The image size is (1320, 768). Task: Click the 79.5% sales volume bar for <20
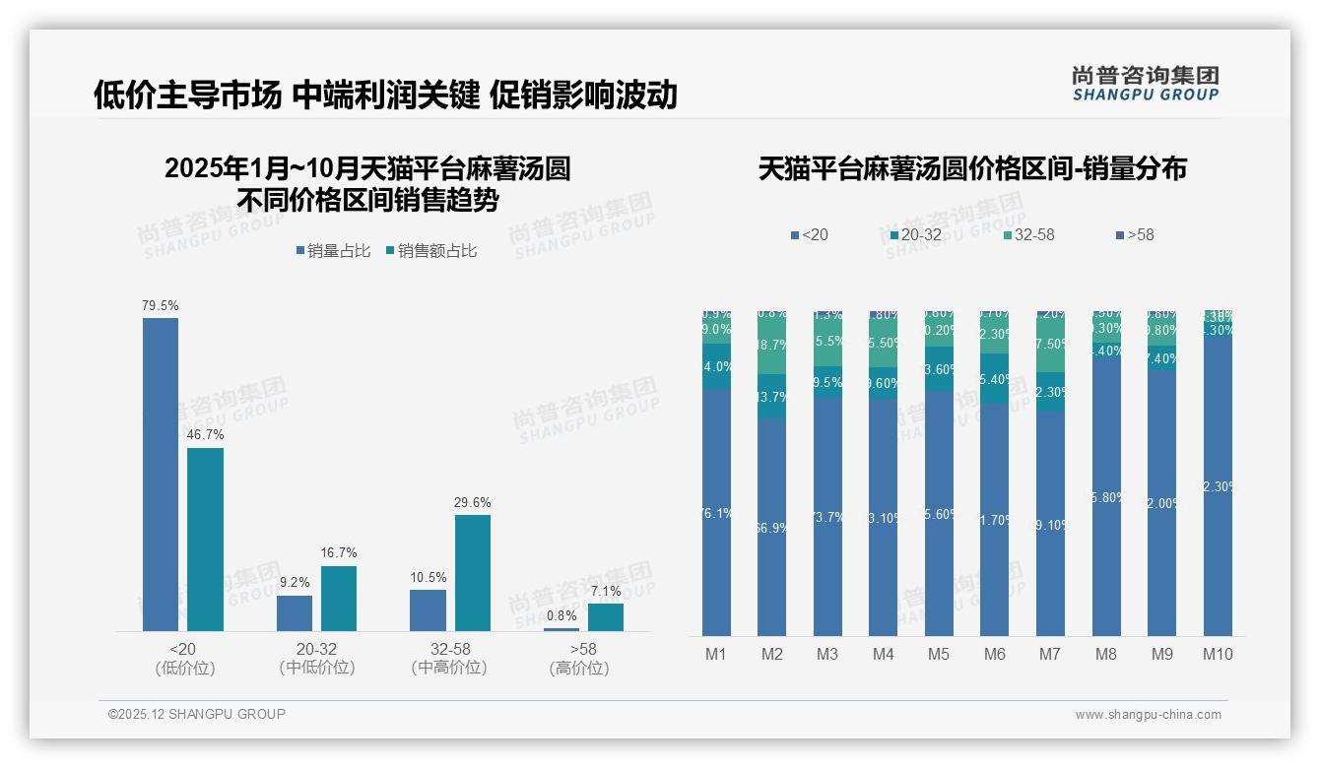point(161,474)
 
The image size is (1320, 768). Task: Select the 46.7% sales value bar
point(205,539)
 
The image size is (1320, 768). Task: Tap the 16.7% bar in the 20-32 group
point(339,598)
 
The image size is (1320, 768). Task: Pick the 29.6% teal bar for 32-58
point(473,572)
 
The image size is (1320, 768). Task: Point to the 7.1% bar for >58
point(606,616)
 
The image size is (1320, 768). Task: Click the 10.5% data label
point(429,577)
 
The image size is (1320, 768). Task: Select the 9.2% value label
point(295,582)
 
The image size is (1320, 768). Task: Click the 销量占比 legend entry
point(333,251)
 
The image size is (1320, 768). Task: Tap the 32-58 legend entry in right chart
point(1028,234)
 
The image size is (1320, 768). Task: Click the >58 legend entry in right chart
point(1134,234)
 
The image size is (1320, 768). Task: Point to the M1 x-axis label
point(716,654)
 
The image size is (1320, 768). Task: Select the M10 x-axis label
point(1218,654)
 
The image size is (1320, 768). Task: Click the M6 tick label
point(995,654)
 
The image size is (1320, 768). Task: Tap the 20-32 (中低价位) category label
point(316,658)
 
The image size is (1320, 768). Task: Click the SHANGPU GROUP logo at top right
point(1145,83)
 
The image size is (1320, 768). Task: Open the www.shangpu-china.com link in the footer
point(1148,715)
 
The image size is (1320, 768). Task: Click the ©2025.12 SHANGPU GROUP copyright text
point(197,714)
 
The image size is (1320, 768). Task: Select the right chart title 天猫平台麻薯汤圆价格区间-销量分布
point(972,168)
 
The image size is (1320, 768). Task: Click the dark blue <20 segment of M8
point(1106,497)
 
